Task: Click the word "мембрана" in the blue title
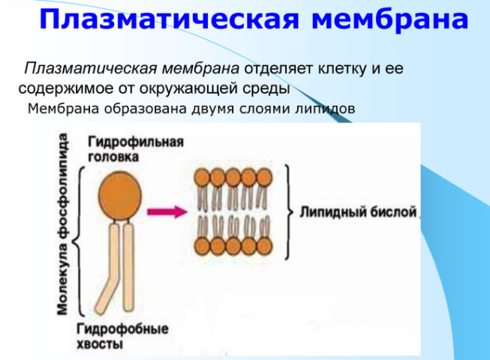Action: [390, 19]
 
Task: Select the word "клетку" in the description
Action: [342, 68]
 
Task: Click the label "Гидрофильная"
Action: [136, 142]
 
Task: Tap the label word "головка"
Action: [113, 157]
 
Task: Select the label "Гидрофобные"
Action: [122, 328]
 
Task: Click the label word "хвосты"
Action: [100, 343]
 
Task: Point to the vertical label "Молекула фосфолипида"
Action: [62, 223]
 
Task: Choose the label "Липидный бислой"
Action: [358, 212]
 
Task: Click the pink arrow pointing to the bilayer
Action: [167, 212]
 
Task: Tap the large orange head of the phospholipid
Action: [120, 196]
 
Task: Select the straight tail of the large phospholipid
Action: [128, 267]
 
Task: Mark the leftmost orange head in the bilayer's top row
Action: [202, 177]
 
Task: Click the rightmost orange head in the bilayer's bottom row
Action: [264, 246]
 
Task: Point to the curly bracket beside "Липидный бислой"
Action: [289, 212]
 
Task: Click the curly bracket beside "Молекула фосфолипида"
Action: [78, 241]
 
